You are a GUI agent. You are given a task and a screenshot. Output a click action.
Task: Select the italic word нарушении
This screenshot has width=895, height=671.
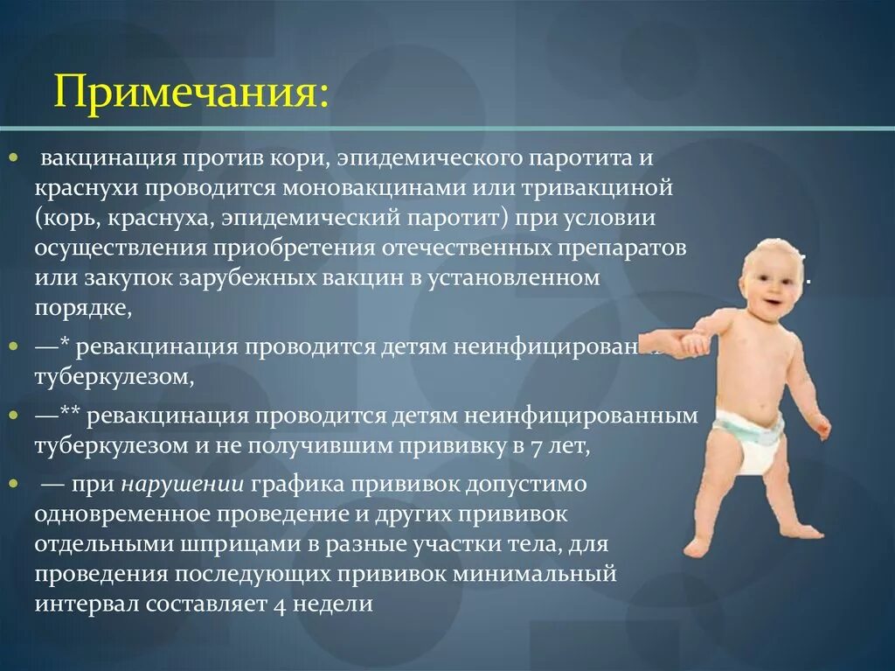click(x=182, y=485)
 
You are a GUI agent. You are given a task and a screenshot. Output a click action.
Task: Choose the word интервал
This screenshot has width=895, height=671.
click(x=85, y=604)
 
